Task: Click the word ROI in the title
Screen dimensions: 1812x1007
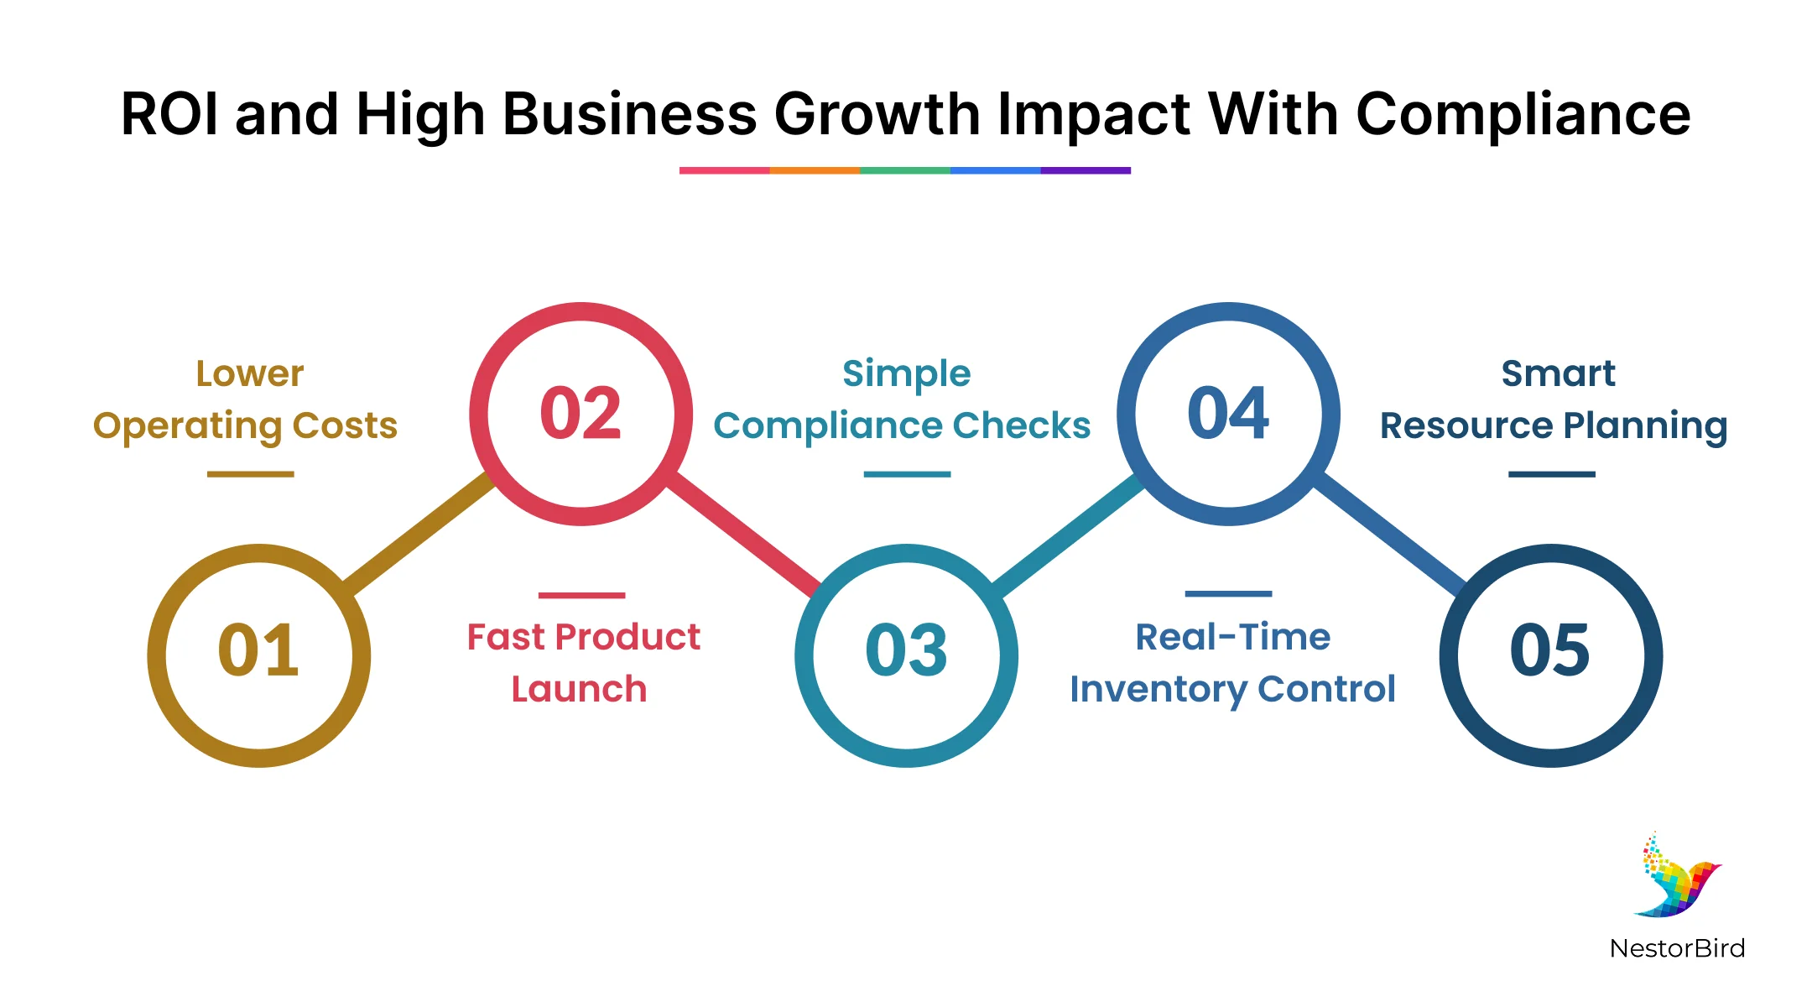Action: (x=171, y=114)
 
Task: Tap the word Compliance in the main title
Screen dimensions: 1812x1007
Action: (x=1523, y=116)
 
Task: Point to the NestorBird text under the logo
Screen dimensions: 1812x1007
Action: (x=1677, y=948)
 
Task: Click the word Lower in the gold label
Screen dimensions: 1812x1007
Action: (x=250, y=373)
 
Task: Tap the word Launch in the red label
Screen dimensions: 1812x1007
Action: (x=579, y=689)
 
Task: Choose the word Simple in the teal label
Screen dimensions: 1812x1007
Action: (x=906, y=374)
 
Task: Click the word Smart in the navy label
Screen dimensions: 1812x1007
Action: (x=1558, y=373)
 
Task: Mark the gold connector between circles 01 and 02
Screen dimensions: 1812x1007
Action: (x=418, y=532)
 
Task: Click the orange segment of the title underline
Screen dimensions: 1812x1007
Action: (x=815, y=170)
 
